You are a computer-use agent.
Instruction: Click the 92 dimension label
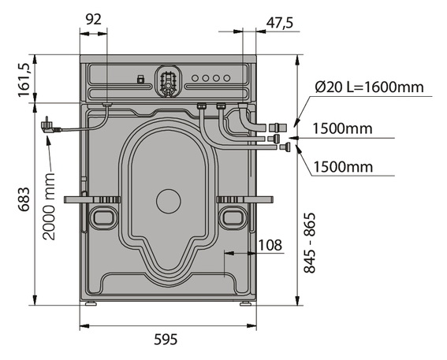click(x=94, y=20)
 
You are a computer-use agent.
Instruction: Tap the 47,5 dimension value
click(x=280, y=23)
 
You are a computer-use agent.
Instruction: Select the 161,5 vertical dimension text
click(x=24, y=80)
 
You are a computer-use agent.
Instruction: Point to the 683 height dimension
click(x=24, y=199)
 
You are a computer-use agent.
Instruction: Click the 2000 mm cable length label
click(x=49, y=206)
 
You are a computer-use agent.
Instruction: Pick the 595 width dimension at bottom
click(x=166, y=340)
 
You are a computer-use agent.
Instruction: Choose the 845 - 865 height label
click(x=309, y=243)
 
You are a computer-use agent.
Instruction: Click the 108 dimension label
click(x=270, y=245)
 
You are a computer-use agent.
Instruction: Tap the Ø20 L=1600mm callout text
click(x=370, y=87)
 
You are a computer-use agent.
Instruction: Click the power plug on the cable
click(x=50, y=125)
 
